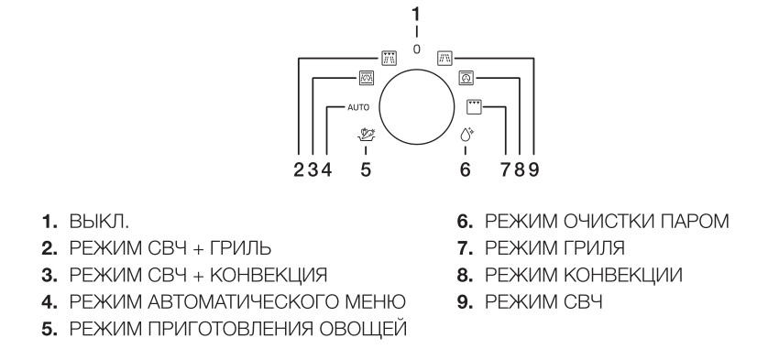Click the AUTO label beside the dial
pos(360,107)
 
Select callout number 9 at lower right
pos(532,169)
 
